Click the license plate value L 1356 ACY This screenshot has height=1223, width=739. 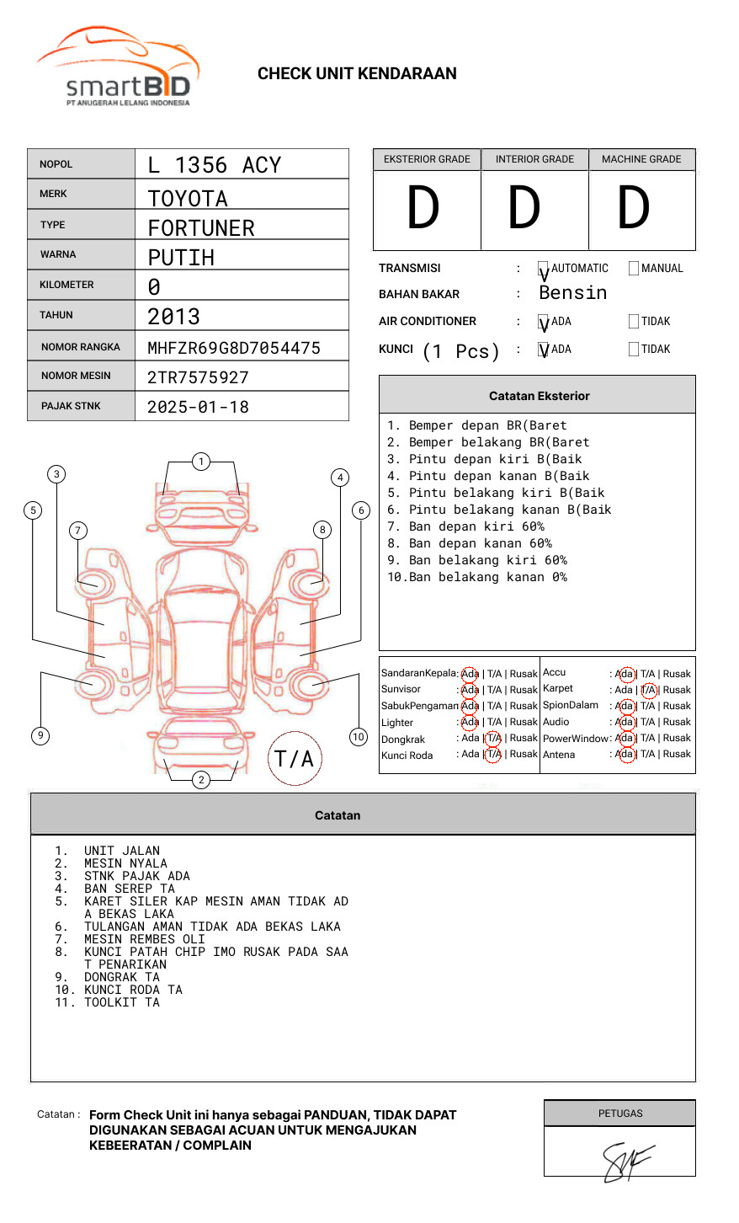215,165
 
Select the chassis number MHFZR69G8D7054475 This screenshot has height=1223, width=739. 234,348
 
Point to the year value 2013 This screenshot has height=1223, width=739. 174,317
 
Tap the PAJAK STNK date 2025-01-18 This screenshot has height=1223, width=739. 199,407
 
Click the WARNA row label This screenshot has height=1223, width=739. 58,254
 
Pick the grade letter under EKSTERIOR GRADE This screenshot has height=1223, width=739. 423,208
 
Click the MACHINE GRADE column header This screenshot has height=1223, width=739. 641,159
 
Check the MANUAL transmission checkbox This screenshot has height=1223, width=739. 634,269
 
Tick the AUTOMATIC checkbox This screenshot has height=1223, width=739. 544,269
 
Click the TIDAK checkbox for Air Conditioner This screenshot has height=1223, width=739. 634,322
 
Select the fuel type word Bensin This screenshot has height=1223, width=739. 573,293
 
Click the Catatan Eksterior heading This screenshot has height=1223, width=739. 539,396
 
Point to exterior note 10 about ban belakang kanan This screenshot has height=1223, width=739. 477,577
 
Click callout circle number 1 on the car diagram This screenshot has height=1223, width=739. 200,462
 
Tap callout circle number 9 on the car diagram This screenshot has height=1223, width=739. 40,735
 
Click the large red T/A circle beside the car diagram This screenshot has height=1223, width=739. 295,758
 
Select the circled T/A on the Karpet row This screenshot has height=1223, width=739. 648,690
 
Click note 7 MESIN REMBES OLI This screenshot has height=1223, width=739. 144,939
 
